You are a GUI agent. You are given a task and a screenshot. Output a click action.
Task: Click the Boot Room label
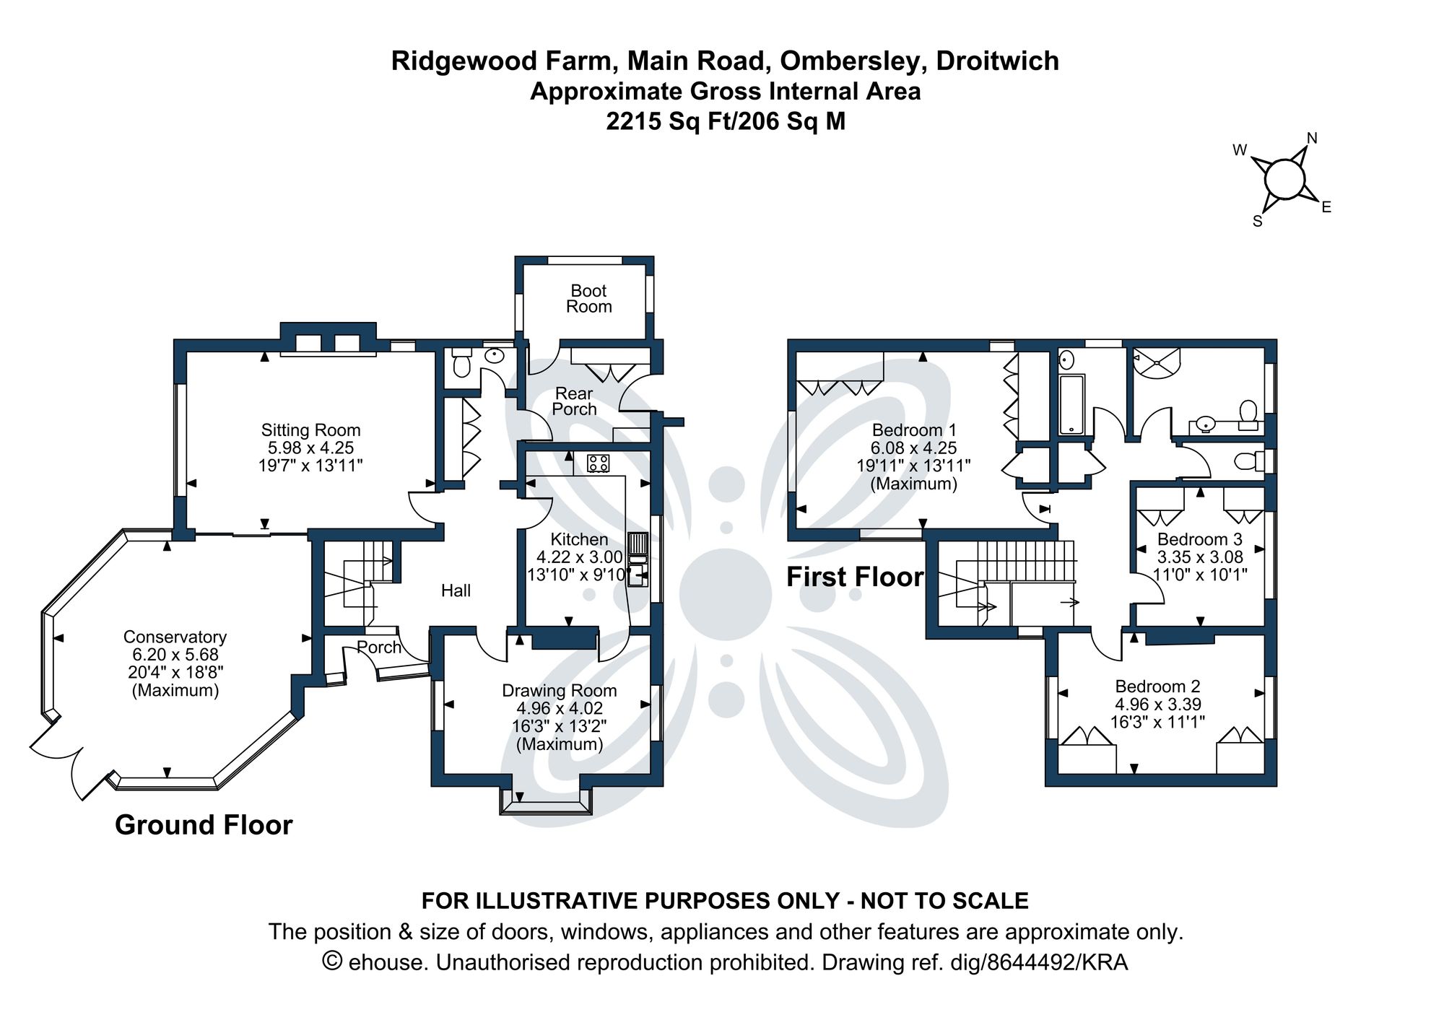click(x=588, y=299)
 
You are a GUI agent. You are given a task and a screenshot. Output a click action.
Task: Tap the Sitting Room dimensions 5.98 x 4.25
click(x=310, y=448)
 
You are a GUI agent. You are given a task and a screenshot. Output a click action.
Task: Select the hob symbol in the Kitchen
click(x=598, y=463)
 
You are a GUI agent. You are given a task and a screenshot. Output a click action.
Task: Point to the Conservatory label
click(x=175, y=637)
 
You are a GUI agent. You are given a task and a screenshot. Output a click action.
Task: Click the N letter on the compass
click(x=1312, y=139)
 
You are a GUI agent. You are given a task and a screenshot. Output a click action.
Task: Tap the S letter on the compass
click(x=1257, y=222)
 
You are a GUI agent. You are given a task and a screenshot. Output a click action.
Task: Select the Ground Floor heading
click(x=204, y=825)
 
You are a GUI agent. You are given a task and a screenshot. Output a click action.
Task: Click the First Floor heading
click(x=854, y=577)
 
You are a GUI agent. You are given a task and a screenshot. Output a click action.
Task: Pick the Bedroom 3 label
click(x=1199, y=539)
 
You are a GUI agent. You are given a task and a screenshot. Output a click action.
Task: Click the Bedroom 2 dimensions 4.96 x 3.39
click(x=1157, y=704)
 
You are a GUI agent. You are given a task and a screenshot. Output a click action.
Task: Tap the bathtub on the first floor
click(x=1071, y=404)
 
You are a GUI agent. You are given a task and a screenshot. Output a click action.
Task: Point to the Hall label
click(x=456, y=590)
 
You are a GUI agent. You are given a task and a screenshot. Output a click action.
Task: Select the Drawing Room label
click(x=559, y=691)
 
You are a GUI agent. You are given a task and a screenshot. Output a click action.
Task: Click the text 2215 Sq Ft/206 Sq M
click(x=725, y=121)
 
